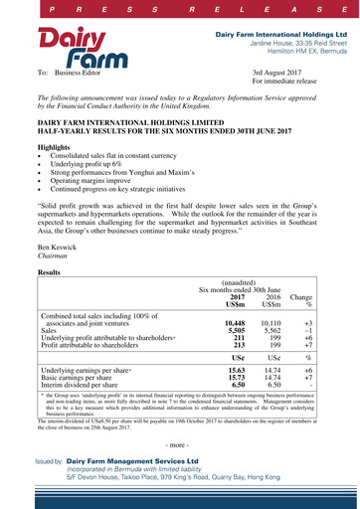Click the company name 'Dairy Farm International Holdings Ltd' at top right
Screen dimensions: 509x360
pyautogui.click(x=279, y=34)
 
